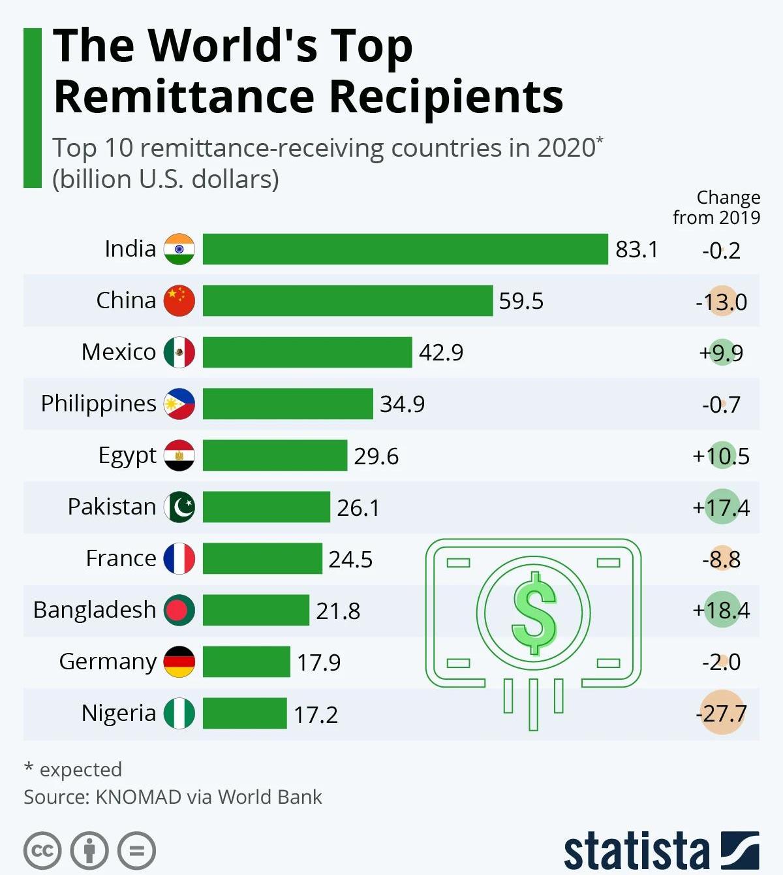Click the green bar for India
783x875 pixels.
405,249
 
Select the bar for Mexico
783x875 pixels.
307,352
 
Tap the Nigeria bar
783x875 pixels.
245,713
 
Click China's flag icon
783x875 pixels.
179,300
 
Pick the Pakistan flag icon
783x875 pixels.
179,507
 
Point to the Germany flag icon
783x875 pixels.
179,661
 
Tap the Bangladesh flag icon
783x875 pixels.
179,610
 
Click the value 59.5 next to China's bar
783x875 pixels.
521,301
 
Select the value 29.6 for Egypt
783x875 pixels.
376,456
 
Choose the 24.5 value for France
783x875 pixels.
350,559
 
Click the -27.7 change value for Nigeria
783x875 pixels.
721,713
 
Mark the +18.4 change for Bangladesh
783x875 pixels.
721,610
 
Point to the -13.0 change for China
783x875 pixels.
721,302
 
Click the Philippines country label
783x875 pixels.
99,404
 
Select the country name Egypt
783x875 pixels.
127,455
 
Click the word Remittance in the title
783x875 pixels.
185,96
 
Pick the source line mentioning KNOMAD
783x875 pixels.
173,797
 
